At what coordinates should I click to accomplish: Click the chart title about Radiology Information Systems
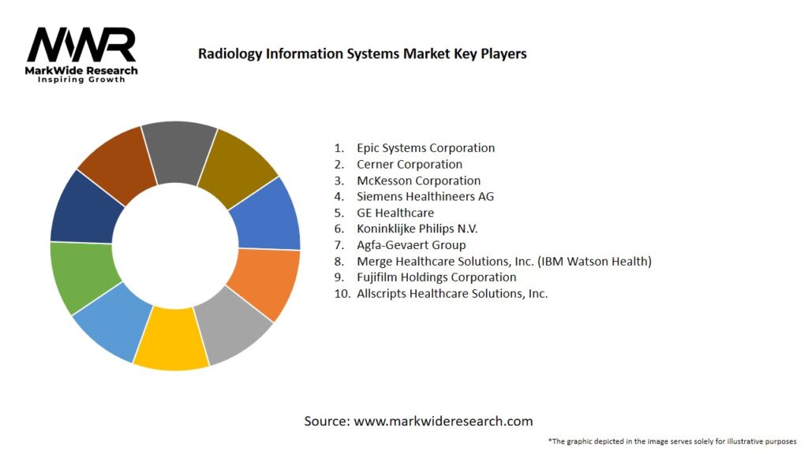(362, 54)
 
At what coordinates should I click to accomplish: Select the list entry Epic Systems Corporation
(425, 147)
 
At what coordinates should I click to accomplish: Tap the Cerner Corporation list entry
(409, 164)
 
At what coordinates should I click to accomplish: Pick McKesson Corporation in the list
(418, 180)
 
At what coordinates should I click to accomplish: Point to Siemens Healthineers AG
(425, 196)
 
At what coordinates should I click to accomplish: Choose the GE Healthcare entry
(395, 213)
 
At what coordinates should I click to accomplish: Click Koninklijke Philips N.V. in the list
(417, 229)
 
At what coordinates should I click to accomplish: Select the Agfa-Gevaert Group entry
(411, 245)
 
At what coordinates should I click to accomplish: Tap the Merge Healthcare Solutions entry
(503, 261)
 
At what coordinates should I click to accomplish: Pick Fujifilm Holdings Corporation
(436, 277)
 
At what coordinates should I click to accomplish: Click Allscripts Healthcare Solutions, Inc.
(451, 293)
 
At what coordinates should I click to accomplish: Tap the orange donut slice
(264, 282)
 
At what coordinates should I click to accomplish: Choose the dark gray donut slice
(180, 150)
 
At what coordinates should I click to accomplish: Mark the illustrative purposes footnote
(671, 441)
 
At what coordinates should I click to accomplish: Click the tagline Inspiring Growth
(81, 80)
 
